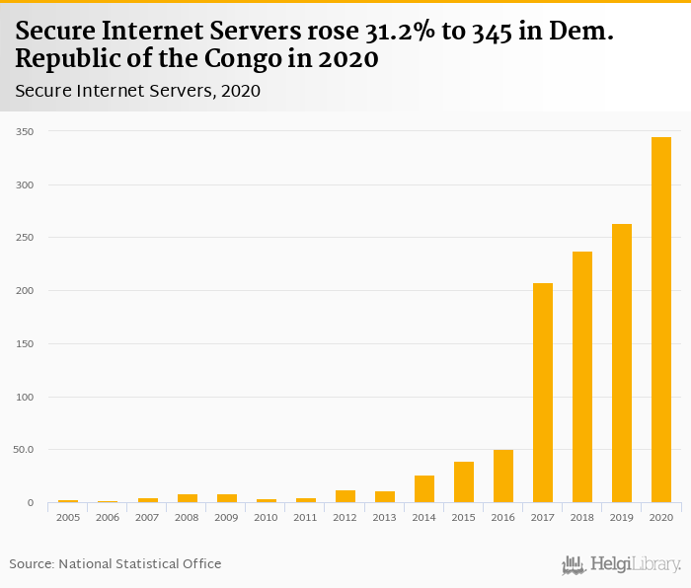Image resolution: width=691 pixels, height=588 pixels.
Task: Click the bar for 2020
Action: (x=661, y=320)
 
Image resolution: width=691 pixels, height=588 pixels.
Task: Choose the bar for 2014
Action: (x=424, y=489)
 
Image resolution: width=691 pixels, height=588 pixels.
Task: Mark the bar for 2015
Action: (x=464, y=482)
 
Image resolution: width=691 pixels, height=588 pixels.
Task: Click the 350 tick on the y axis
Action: (x=25, y=131)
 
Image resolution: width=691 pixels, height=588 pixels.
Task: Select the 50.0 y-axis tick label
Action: (x=24, y=450)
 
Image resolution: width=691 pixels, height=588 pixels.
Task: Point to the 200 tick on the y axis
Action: (x=25, y=291)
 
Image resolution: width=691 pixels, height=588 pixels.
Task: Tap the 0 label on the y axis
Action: (x=31, y=503)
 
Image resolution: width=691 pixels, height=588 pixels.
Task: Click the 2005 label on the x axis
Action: (x=68, y=517)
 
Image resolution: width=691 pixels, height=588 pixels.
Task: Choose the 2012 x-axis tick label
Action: (x=345, y=517)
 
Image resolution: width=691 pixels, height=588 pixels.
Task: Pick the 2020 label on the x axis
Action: (x=661, y=517)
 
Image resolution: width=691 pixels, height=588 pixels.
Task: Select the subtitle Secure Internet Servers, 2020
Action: (x=137, y=91)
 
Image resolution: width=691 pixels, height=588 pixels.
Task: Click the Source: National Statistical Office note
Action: (x=115, y=563)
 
